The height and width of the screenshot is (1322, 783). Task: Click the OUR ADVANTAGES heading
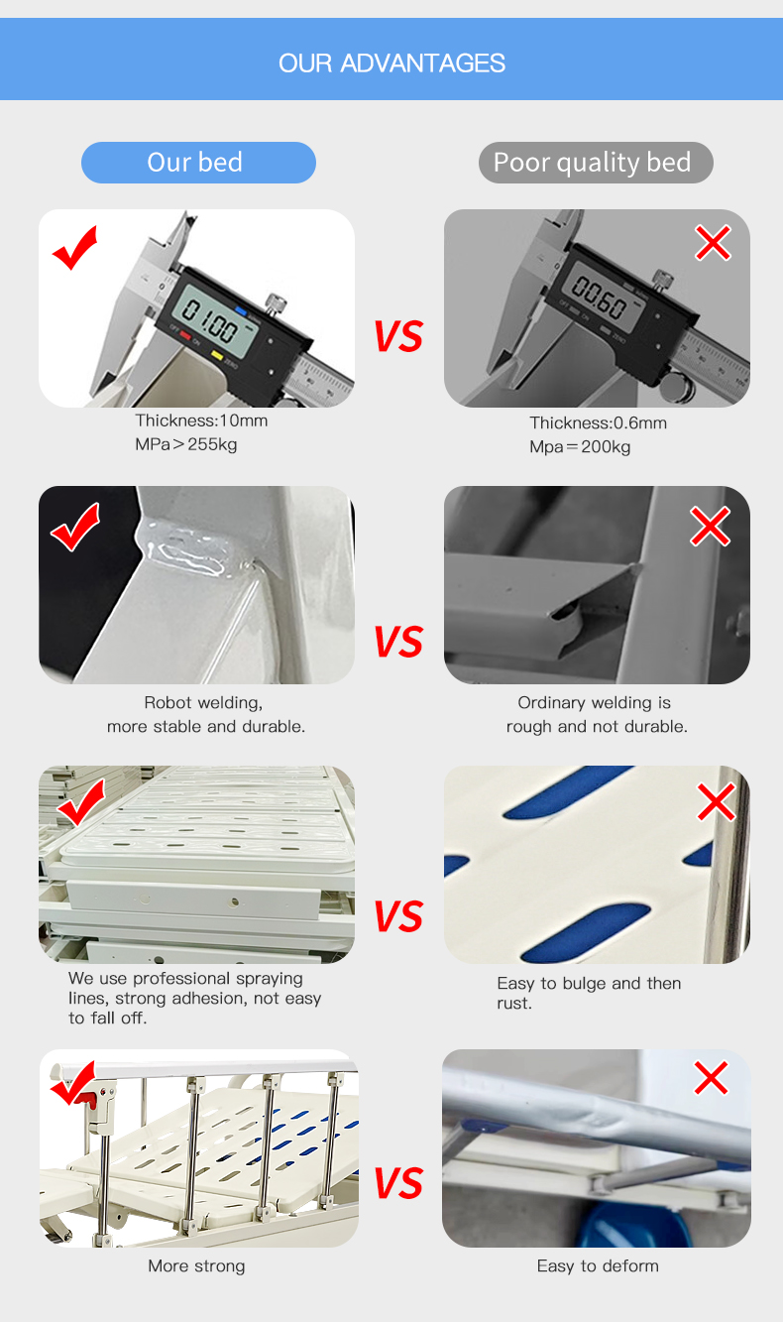(391, 63)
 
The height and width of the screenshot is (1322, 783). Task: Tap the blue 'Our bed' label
(197, 163)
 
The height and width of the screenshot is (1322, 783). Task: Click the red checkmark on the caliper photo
(75, 248)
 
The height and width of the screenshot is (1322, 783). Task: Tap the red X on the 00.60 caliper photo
(713, 242)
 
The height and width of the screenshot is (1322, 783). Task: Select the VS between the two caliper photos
(397, 337)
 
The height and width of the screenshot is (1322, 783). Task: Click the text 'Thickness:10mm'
(201, 421)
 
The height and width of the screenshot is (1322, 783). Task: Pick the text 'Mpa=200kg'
(580, 447)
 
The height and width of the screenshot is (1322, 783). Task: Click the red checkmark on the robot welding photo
(75, 527)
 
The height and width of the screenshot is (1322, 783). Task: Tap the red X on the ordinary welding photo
(710, 527)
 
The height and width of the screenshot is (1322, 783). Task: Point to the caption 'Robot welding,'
(203, 703)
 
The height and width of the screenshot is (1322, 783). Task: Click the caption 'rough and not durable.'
(597, 727)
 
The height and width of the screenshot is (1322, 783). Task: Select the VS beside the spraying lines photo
(397, 916)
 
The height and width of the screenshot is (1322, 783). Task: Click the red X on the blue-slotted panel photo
(716, 802)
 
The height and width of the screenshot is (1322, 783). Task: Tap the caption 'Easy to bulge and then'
(589, 984)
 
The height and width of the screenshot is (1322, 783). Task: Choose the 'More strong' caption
(196, 1266)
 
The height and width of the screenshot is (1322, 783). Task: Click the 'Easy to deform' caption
(598, 1266)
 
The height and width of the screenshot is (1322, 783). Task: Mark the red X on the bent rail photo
(711, 1077)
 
